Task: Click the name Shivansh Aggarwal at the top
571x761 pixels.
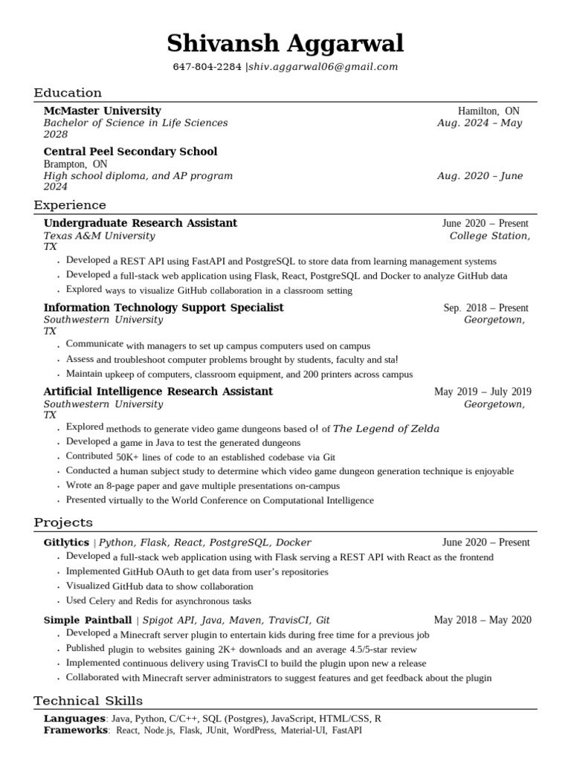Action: click(285, 44)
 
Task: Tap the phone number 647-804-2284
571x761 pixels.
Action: click(207, 67)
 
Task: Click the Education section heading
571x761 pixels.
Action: click(68, 93)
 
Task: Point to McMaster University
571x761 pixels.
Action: click(102, 111)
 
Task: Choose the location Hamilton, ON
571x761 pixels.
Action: click(488, 111)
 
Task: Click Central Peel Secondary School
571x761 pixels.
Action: click(130, 152)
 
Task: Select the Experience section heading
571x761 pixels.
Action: click(70, 205)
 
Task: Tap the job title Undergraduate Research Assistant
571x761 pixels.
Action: click(141, 223)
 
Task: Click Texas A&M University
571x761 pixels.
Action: click(99, 236)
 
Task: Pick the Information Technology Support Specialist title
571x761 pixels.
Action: click(164, 308)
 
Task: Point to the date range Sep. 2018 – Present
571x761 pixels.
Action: click(486, 308)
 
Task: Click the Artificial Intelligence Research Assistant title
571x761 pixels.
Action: click(158, 392)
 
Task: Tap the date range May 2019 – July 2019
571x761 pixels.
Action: click(483, 392)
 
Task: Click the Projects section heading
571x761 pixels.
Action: click(63, 523)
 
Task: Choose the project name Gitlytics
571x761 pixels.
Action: click(66, 543)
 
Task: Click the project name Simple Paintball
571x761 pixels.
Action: click(88, 620)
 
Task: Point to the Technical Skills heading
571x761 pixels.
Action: click(88, 701)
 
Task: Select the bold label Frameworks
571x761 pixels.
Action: click(76, 731)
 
